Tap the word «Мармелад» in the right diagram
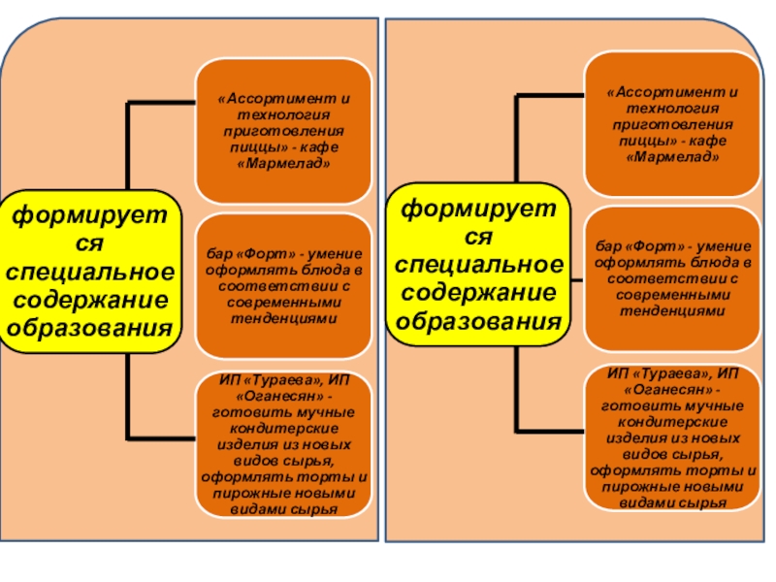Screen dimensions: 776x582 coord(671,156)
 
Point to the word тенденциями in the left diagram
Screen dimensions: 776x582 coord(283,318)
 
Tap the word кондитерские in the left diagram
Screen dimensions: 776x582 coord(282,428)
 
